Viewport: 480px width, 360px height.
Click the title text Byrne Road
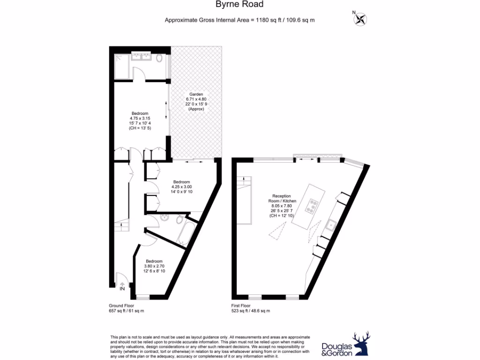point(240,5)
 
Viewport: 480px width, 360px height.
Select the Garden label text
point(196,94)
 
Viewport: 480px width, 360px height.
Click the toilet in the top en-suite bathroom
point(159,58)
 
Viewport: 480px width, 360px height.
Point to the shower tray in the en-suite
point(121,61)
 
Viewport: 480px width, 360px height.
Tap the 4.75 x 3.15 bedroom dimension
point(140,118)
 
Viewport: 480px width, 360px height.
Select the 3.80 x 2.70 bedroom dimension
point(154,266)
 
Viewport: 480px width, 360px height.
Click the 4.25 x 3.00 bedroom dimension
point(181,187)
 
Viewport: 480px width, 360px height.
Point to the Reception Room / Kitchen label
point(282,199)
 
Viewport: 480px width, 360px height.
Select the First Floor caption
point(241,305)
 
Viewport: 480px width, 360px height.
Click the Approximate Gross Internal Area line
point(239,20)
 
